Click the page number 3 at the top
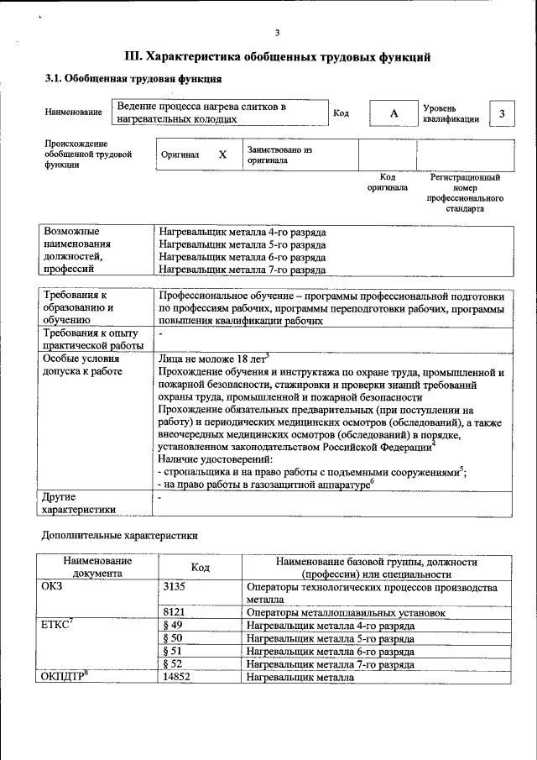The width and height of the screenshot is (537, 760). [276, 33]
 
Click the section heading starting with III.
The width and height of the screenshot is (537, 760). [277, 57]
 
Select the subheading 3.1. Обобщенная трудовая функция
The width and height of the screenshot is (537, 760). [133, 80]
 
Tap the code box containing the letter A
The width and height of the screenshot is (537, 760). [393, 113]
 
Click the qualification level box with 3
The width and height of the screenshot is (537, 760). [502, 113]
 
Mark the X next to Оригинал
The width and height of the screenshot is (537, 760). [222, 155]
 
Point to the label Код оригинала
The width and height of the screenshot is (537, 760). [387, 182]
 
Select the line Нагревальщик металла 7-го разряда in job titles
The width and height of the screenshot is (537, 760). [242, 270]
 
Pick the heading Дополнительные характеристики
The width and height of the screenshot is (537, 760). [119, 535]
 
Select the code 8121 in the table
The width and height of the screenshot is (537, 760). [174, 613]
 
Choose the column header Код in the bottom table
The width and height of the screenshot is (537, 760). [200, 568]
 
